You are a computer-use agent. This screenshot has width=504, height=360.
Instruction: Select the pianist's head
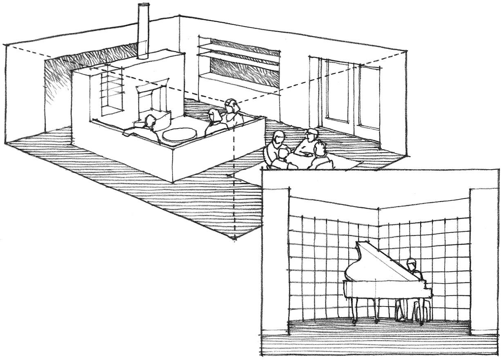click(411, 263)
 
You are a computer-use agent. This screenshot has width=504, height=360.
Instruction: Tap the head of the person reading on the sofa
click(150, 121)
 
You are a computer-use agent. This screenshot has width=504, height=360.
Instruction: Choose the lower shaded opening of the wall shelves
click(244, 69)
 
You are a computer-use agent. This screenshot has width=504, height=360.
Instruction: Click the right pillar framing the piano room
click(483, 262)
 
